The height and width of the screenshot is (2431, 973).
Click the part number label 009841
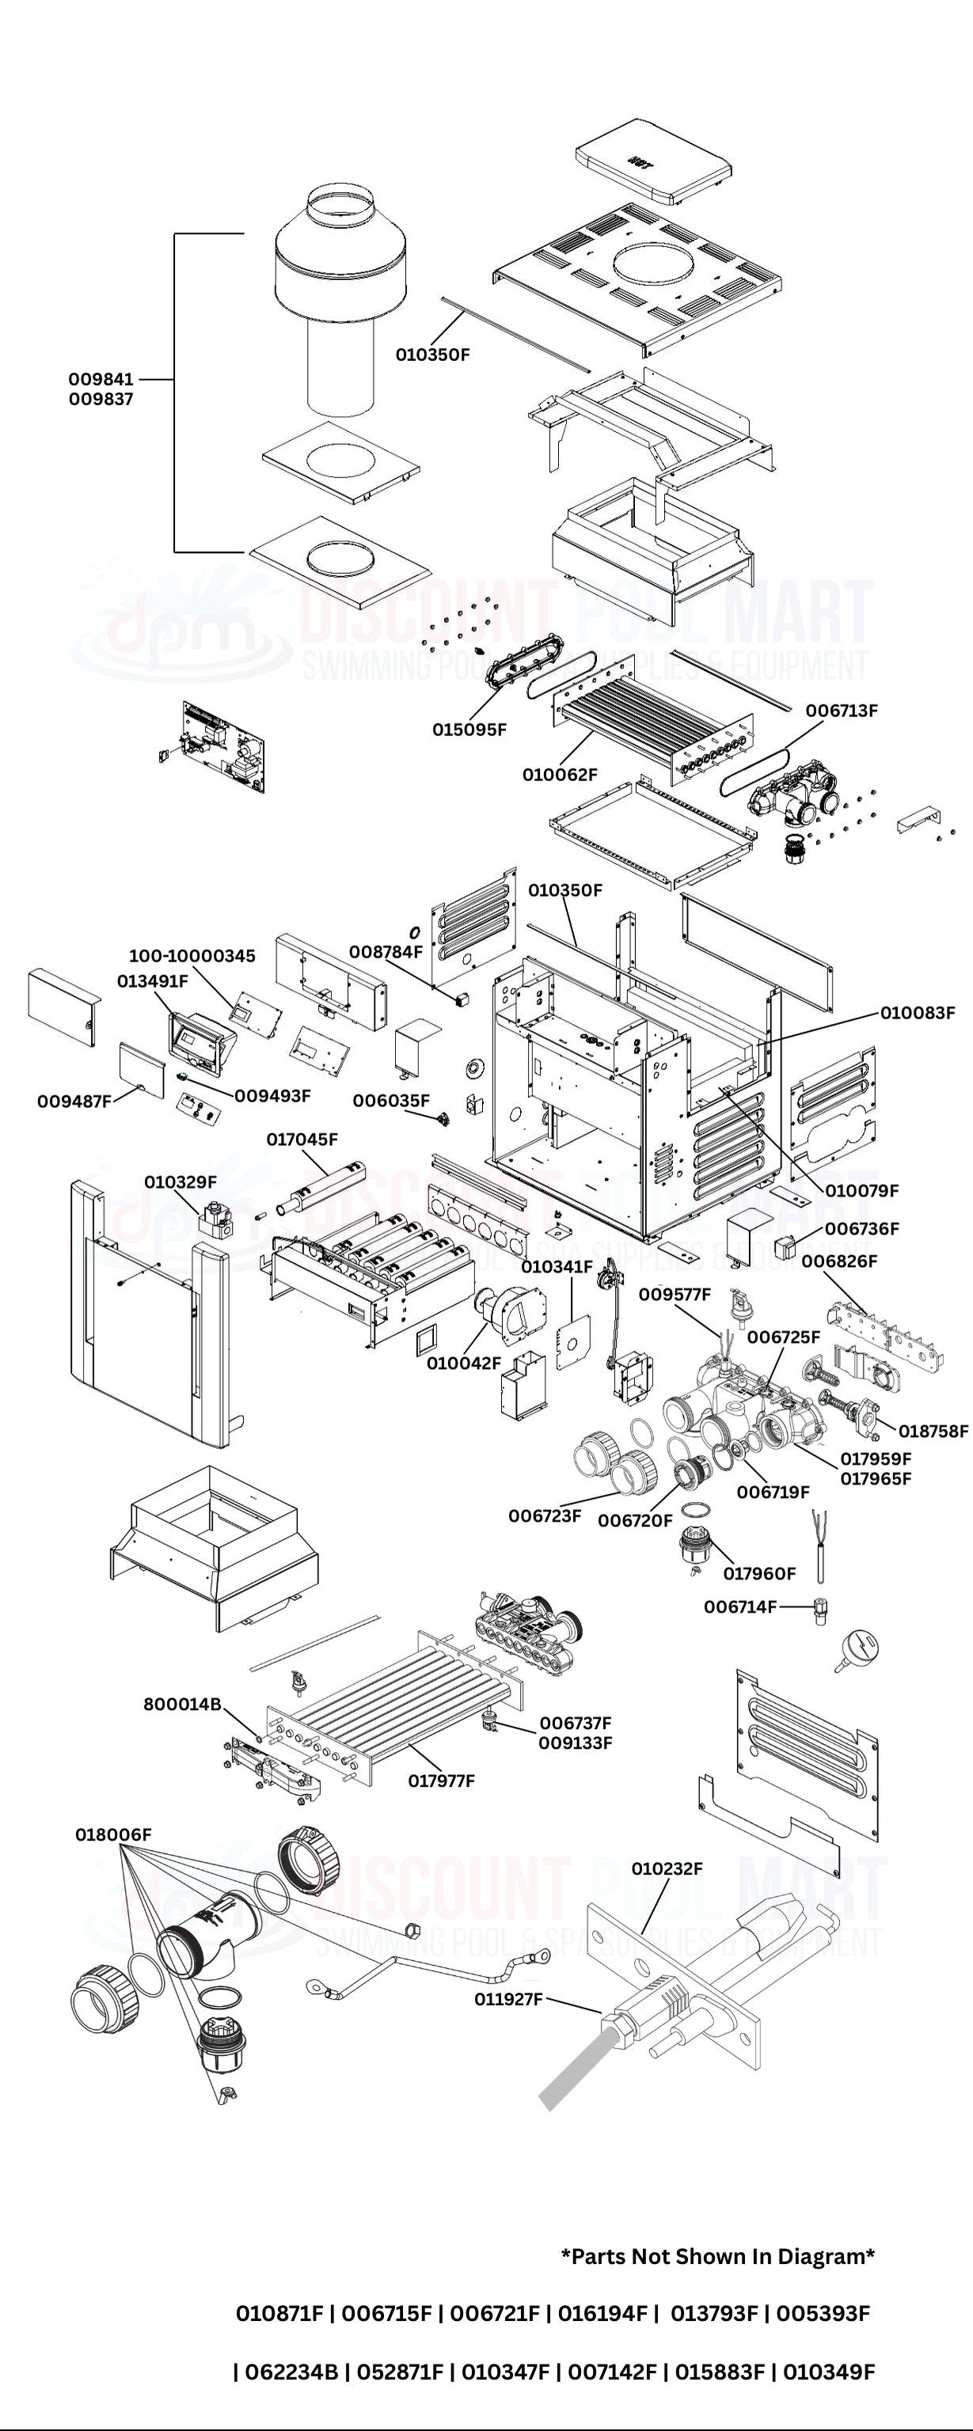(101, 378)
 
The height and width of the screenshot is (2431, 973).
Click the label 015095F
(469, 730)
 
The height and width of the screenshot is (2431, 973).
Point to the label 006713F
(841, 711)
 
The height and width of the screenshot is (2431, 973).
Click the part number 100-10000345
(192, 956)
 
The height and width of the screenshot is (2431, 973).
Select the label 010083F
(918, 1013)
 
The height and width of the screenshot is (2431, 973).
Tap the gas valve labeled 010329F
(217, 1217)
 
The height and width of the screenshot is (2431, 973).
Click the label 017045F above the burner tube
(302, 1139)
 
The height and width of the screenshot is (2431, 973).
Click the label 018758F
(933, 1431)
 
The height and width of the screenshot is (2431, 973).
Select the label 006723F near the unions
(545, 1515)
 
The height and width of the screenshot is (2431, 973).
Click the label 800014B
(182, 1705)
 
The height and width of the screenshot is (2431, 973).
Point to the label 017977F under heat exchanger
(441, 1781)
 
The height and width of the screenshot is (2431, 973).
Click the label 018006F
(113, 1834)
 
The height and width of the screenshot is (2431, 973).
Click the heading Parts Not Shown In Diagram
(718, 2256)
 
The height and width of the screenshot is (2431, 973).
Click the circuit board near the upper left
(224, 746)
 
